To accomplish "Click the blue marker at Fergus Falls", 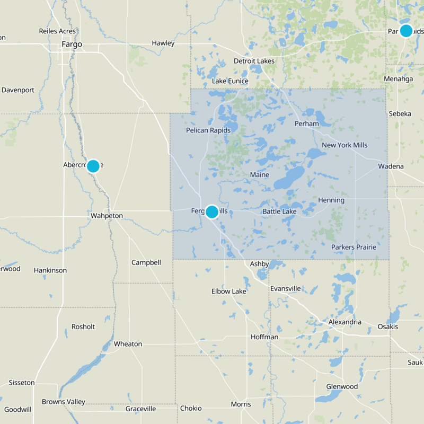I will pos(211,211).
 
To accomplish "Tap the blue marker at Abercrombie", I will pos(93,166).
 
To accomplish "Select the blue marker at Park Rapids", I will pos(406,30).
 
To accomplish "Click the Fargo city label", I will pos(72,44).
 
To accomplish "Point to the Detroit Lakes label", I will pos(254,61).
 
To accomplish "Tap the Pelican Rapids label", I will pos(207,130).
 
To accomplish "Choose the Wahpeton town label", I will pos(107,216).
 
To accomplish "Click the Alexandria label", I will pos(344,322).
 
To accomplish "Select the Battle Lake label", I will pos(279,212).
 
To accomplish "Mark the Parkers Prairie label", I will pos(354,248).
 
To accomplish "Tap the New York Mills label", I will pos(344,145).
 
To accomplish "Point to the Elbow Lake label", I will pos(228,291).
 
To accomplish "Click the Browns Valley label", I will pos(64,402).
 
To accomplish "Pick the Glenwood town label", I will pos(342,387).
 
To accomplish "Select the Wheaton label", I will pos(128,344).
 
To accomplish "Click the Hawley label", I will pos(163,43).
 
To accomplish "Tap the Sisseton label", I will pos(22,383).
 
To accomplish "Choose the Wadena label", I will pos(391,166).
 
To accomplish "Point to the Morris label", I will pos(241,404).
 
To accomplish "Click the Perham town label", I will pos(306,124).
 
